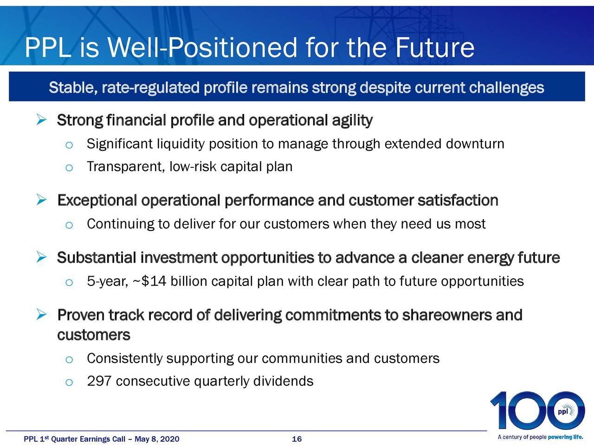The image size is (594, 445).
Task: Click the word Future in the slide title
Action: point(435,48)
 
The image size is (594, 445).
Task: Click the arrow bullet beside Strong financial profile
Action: point(41,120)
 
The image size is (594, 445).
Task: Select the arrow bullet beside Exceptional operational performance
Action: point(41,200)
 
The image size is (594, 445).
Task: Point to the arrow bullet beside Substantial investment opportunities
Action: point(41,257)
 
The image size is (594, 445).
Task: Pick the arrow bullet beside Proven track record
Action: point(41,314)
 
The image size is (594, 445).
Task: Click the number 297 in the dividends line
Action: point(99,381)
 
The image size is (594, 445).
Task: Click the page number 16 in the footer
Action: point(297,439)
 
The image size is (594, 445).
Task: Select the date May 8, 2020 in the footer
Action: point(157,439)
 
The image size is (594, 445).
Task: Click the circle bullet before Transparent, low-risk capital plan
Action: point(69,168)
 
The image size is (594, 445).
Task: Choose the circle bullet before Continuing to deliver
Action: point(69,225)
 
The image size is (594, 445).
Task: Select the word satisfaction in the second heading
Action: point(458,200)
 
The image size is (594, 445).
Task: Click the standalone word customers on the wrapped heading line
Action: point(94,335)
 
